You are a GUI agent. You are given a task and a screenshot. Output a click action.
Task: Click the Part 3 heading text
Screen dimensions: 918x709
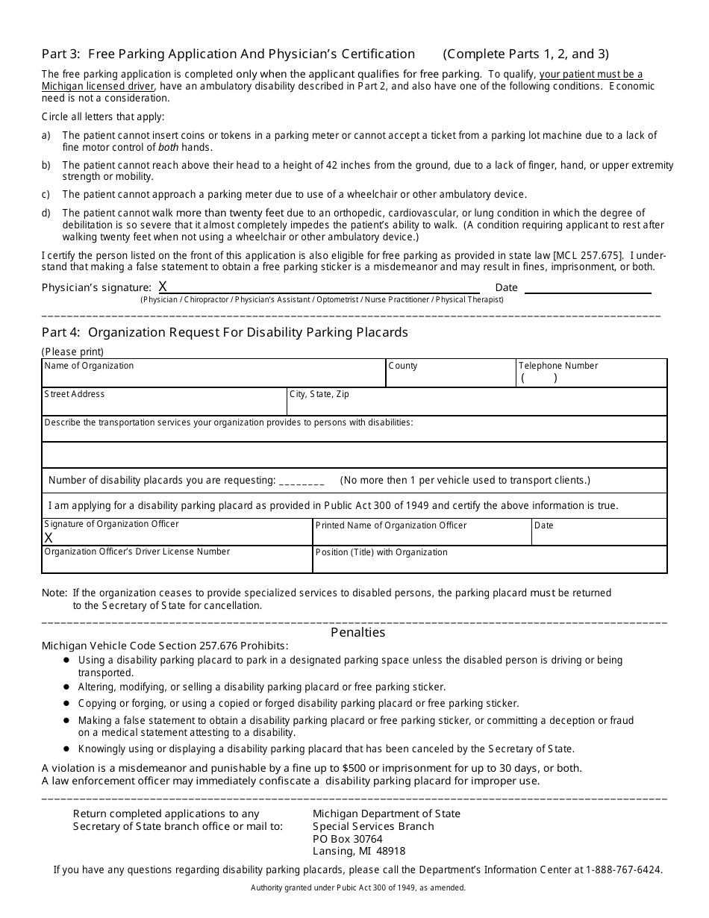point(228,54)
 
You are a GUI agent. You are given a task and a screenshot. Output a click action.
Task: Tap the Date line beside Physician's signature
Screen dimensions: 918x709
point(587,287)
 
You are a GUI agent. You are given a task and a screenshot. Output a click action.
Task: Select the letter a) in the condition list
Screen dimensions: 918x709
point(46,135)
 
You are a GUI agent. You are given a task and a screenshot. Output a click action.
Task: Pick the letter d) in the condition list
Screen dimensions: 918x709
point(46,213)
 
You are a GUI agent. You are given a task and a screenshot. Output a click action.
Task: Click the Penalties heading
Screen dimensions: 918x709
point(357,632)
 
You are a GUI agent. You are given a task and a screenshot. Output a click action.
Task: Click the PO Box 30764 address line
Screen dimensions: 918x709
point(348,839)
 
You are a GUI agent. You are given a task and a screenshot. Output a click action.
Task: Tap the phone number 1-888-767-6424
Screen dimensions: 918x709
point(623,869)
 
